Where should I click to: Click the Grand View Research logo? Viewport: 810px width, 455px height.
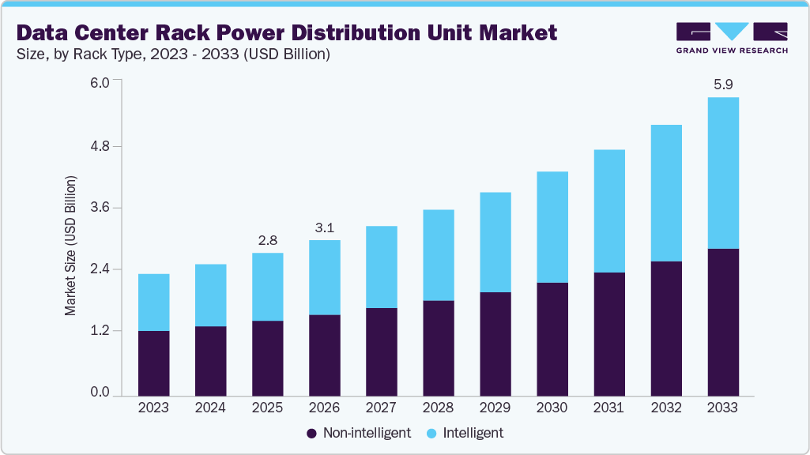[732, 38]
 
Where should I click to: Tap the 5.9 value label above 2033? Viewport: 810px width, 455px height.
[722, 84]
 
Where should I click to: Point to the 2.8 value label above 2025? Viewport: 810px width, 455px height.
[267, 239]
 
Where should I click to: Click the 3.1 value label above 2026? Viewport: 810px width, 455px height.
[324, 227]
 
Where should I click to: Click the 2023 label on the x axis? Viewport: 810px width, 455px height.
[153, 408]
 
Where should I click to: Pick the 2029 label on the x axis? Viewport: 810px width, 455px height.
[495, 408]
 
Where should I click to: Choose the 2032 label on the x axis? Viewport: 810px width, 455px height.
[665, 408]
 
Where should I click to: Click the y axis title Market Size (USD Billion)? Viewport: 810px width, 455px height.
[71, 246]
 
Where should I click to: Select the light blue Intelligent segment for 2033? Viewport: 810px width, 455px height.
[722, 173]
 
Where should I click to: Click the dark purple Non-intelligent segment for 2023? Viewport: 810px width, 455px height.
[153, 363]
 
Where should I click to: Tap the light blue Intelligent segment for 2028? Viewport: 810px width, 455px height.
[438, 255]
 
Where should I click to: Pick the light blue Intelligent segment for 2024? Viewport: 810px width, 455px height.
[210, 295]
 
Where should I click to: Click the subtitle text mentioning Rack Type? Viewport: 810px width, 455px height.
[173, 55]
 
